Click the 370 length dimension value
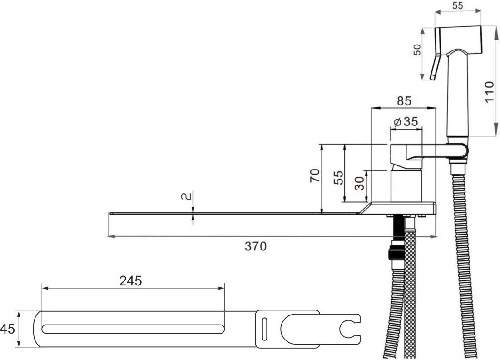[x=255, y=246]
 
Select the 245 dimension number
[x=130, y=281]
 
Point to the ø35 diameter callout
[x=406, y=122]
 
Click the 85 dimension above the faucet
[x=404, y=101]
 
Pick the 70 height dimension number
[x=315, y=175]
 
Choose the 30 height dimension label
[x=360, y=183]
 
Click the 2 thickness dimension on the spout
[x=187, y=196]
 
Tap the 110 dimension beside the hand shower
[x=489, y=92]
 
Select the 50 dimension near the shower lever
[x=417, y=50]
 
